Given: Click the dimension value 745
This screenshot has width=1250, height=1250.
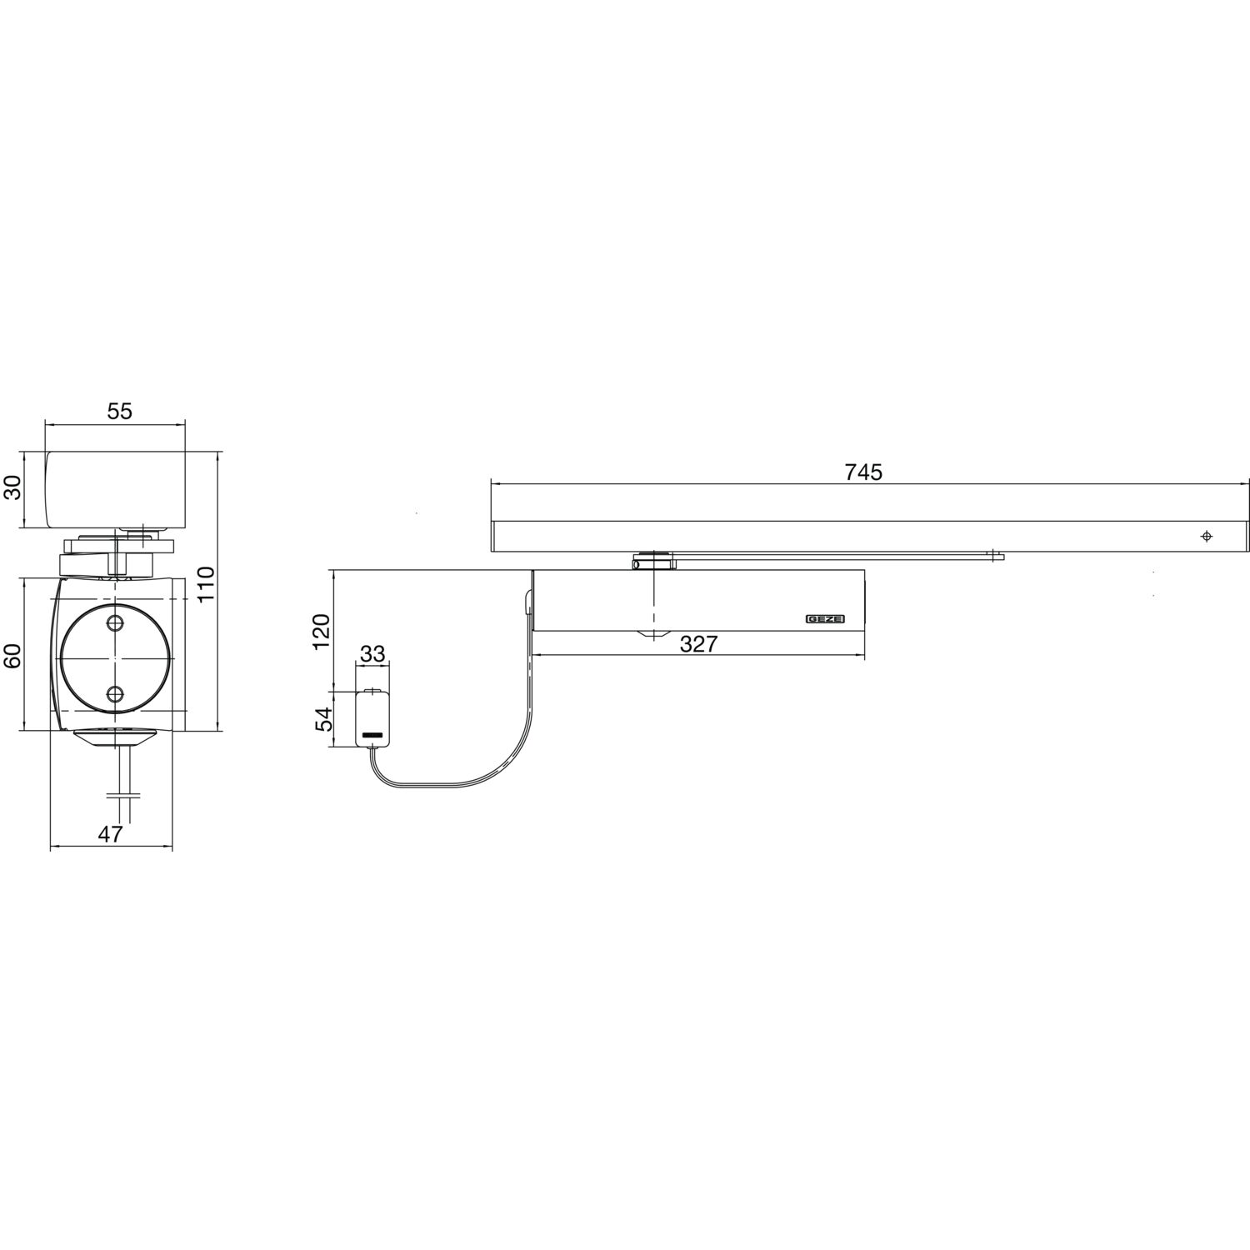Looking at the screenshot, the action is coord(863,472).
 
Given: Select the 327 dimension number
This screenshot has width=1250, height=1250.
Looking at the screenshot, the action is coord(698,644).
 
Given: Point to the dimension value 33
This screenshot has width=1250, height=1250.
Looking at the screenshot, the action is coord(372,654).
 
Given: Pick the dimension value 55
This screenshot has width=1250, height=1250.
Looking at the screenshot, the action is coord(119,411).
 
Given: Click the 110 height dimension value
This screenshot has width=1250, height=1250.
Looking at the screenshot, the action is coord(206,584).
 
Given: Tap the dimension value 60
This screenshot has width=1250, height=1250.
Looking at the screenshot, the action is coord(12,656).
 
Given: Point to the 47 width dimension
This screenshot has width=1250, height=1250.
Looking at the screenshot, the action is coord(110,834).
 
